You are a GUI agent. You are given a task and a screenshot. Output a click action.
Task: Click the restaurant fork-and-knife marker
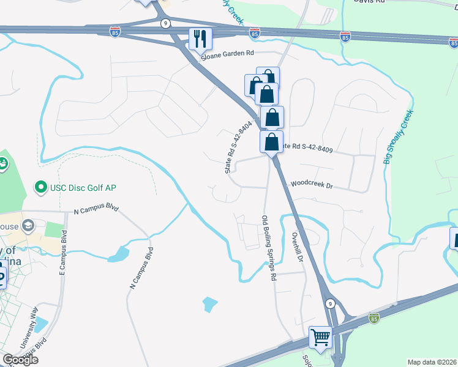pos(200,39)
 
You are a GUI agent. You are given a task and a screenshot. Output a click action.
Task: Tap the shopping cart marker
pos(320,338)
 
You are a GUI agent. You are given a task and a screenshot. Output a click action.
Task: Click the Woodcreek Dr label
pos(311,183)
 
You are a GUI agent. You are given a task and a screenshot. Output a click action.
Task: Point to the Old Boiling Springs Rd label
pos(269,248)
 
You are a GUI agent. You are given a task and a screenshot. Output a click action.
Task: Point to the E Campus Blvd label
pos(62,251)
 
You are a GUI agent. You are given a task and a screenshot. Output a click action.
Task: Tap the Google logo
pos(20,360)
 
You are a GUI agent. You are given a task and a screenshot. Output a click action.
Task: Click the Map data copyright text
pos(431,362)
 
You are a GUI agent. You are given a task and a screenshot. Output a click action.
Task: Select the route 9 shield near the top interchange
pos(165,23)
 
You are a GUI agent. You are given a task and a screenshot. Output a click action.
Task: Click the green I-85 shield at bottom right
pos(374,318)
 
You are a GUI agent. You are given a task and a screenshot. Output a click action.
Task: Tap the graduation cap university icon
pos(27,227)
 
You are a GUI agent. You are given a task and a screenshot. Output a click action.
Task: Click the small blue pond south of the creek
pos(209,303)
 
